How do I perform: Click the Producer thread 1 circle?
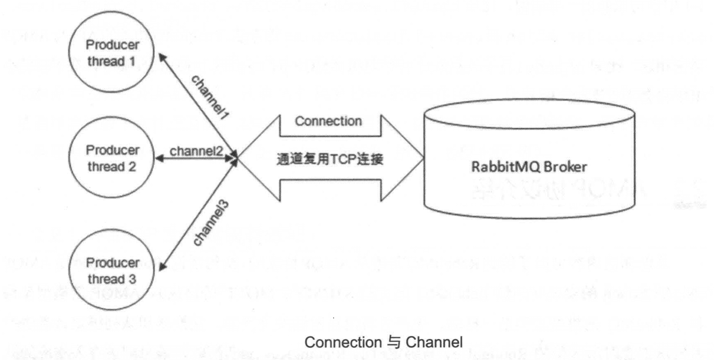click(113, 53)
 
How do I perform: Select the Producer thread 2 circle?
click(113, 158)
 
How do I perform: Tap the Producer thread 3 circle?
click(113, 270)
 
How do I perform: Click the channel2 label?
click(196, 150)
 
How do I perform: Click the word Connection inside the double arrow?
click(328, 121)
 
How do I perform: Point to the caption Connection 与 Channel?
click(384, 342)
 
